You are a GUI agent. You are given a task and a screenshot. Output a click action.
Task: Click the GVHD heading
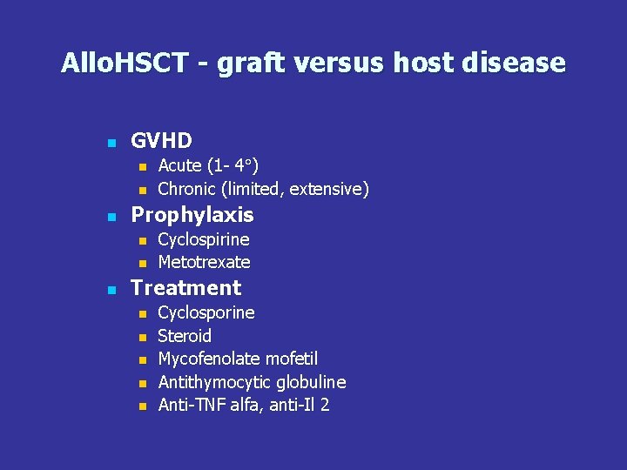(161, 140)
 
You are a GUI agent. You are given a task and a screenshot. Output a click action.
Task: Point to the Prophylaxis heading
(192, 215)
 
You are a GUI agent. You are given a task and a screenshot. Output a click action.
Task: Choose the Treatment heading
(185, 288)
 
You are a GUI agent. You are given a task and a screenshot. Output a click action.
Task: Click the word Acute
(179, 165)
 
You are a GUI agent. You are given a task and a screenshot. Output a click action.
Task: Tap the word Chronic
(187, 189)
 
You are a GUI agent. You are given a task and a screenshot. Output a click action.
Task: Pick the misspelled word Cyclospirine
(204, 239)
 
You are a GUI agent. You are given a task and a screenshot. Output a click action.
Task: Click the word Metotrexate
(204, 262)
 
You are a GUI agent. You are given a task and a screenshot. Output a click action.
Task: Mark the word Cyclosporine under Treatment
(206, 312)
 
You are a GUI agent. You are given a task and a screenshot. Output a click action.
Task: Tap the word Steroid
(185, 336)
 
